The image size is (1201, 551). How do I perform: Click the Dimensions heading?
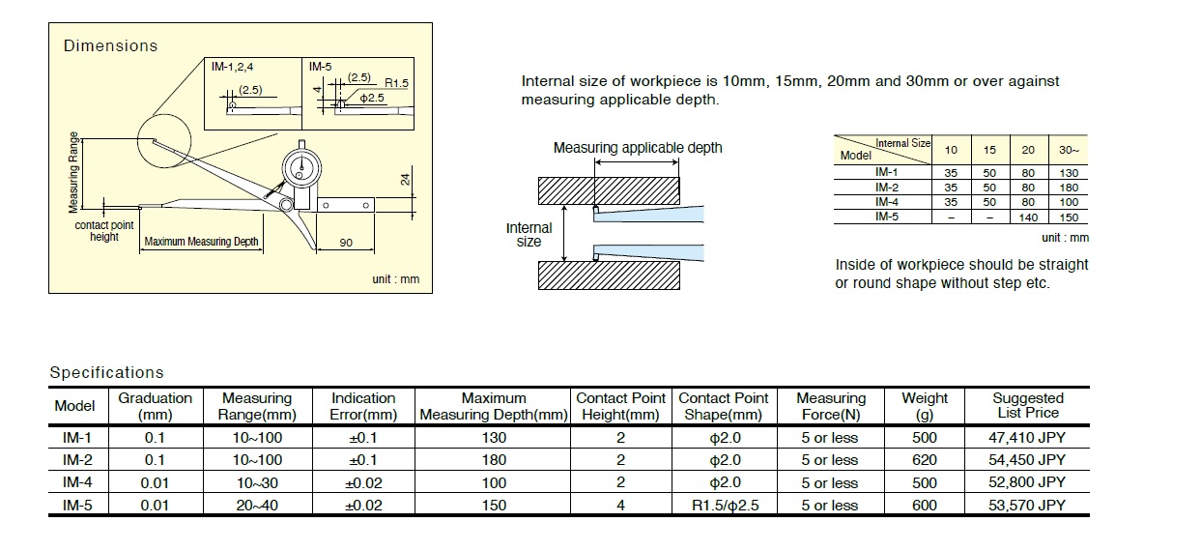pos(110,45)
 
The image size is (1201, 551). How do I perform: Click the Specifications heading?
pos(107,372)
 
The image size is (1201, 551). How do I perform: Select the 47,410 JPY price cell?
pos(1027,437)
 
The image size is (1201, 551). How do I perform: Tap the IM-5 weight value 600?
pos(925,505)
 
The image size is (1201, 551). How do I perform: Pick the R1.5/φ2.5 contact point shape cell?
pos(723,505)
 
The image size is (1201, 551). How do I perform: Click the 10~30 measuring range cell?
pos(257,482)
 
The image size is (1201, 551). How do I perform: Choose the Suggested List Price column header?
pos(1027,405)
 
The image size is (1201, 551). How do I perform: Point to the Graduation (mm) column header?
pos(155,405)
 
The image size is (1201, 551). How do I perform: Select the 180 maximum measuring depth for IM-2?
pos(494,460)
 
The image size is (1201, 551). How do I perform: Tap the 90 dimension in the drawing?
pos(346,243)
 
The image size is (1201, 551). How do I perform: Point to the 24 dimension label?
pos(406,178)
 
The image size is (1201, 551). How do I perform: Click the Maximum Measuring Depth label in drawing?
pos(201,242)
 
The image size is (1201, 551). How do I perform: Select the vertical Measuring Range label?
pos(73,172)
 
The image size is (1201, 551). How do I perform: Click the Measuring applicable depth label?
pos(637,148)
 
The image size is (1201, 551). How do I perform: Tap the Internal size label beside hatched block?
pos(529,235)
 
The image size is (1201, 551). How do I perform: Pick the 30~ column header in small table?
pos(1069,150)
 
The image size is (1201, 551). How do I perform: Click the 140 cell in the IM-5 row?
pos(1027,217)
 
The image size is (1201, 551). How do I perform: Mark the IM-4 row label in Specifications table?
pos(77,482)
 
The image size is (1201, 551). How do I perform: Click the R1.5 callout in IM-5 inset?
pos(396,84)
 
